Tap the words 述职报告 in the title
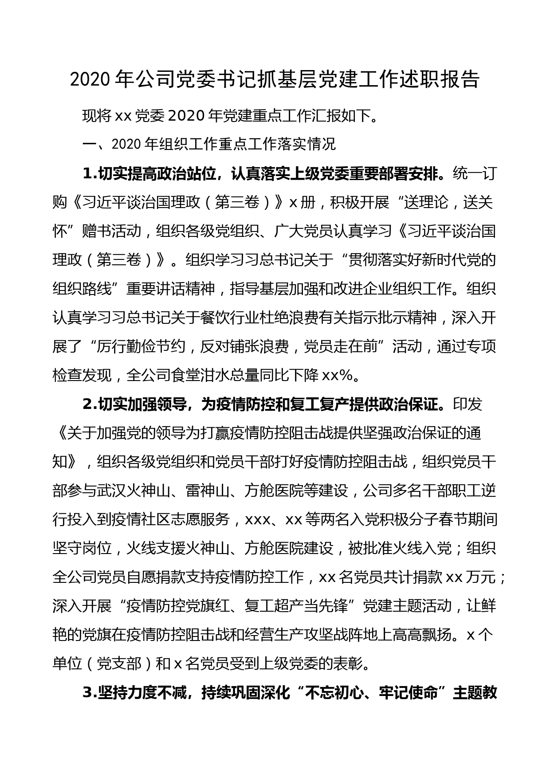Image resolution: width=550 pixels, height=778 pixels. pyautogui.click(x=441, y=80)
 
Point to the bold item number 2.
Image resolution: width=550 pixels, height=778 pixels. pyautogui.click(x=90, y=405)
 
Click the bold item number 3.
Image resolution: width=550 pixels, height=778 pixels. pyautogui.click(x=90, y=693)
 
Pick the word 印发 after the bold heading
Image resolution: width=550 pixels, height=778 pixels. pyautogui.click(x=467, y=405)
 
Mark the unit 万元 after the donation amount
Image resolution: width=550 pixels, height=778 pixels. pyautogui.click(x=481, y=578)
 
